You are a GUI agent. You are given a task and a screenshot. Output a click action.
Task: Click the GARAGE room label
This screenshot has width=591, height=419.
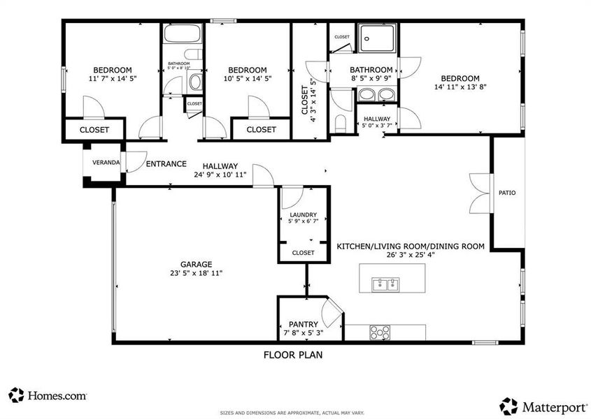coord(196,264)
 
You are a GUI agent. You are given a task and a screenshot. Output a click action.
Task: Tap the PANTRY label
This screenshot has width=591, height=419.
coord(304,324)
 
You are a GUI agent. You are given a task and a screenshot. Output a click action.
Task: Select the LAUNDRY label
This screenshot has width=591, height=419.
coord(303,214)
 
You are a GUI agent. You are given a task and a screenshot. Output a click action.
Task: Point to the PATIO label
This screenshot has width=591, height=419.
coord(507,193)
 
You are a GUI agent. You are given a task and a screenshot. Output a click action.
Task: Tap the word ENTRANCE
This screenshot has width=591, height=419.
coord(166,164)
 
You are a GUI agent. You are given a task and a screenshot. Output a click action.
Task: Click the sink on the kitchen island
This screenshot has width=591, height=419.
coord(386,284)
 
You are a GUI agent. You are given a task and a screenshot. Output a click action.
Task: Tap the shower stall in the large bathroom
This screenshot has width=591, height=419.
coord(378,38)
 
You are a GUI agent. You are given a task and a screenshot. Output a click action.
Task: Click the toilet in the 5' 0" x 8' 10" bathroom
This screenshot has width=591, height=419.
coord(195,82)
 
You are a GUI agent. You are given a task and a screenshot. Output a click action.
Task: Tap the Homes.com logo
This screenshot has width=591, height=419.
coord(48,395)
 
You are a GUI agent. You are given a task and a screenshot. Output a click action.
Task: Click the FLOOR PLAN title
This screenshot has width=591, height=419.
coord(292,354)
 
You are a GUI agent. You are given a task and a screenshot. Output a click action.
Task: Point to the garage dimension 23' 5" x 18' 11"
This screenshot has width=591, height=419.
coord(196,273)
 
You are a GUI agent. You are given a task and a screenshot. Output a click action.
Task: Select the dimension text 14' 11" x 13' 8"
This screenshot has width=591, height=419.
coord(460,87)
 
